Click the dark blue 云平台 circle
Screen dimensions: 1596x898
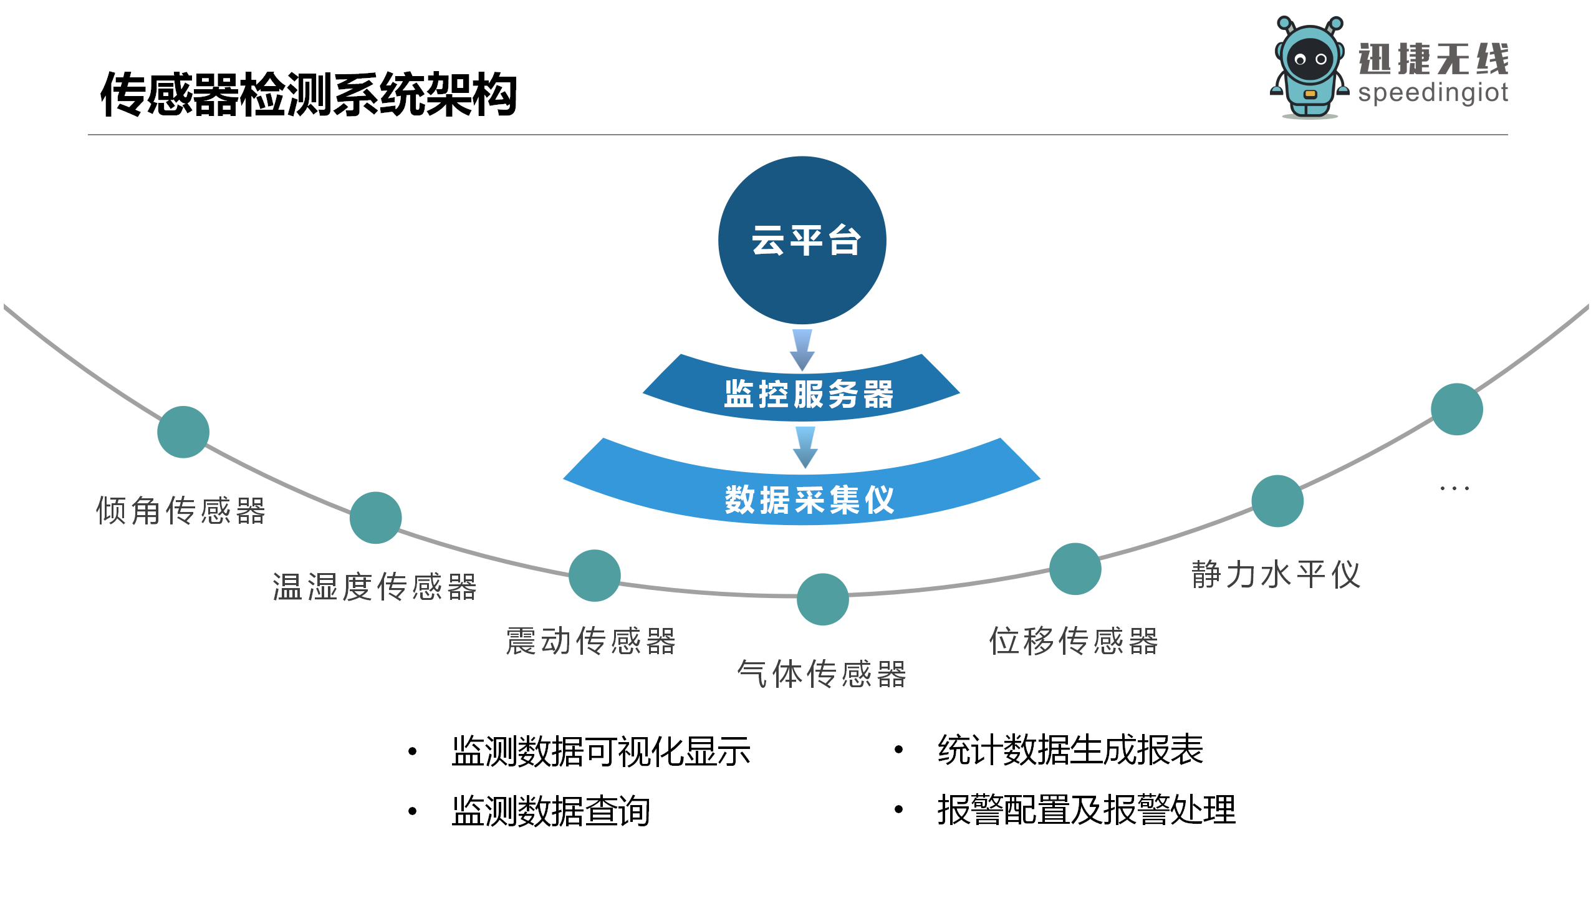click(x=802, y=240)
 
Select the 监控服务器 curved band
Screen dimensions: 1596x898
click(x=802, y=393)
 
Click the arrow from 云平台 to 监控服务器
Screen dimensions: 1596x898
click(x=802, y=350)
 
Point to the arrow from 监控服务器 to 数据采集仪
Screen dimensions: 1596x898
click(x=805, y=447)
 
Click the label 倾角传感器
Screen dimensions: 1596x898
click(x=181, y=511)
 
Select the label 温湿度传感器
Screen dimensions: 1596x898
click(x=375, y=587)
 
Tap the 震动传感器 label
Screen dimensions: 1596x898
click(x=590, y=641)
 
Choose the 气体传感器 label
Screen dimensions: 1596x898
click(x=822, y=674)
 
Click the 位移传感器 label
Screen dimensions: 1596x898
click(x=1074, y=641)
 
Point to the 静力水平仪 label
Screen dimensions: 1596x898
click(x=1276, y=574)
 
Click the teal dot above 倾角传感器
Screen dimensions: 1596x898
click(x=183, y=432)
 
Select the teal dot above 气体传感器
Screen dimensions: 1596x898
click(x=823, y=599)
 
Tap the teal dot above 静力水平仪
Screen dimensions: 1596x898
click(x=1277, y=501)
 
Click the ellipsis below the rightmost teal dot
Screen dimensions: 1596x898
click(x=1454, y=488)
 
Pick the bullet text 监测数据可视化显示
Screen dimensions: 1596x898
click(x=601, y=751)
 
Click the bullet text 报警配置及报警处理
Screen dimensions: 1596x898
click(x=1087, y=810)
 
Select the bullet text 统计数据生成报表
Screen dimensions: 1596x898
click(x=1070, y=750)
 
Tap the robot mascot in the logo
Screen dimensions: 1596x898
click(x=1309, y=67)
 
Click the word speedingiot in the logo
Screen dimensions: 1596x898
click(x=1433, y=93)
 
